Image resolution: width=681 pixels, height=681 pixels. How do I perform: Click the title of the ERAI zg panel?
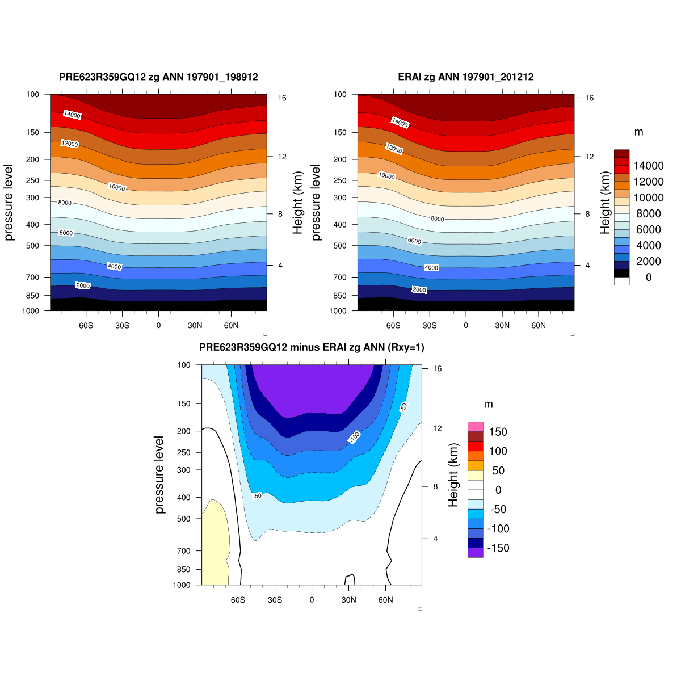pyautogui.click(x=465, y=77)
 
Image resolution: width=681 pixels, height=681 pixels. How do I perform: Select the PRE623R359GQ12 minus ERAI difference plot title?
pyautogui.click(x=312, y=347)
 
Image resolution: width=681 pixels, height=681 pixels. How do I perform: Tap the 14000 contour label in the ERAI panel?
pyautogui.click(x=400, y=123)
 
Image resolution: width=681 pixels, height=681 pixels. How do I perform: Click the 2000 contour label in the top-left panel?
pyautogui.click(x=83, y=285)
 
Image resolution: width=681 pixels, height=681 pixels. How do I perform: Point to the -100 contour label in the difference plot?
pyautogui.click(x=354, y=437)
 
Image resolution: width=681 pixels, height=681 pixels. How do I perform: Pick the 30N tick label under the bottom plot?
pyautogui.click(x=348, y=600)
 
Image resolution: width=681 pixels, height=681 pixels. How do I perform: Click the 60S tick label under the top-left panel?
pyautogui.click(x=86, y=326)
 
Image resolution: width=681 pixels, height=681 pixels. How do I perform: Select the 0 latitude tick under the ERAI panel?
pyautogui.click(x=466, y=326)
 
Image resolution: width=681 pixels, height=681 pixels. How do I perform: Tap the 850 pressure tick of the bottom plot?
pyautogui.click(x=182, y=569)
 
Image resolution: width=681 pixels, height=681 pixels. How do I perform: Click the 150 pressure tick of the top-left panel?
pyautogui.click(x=32, y=132)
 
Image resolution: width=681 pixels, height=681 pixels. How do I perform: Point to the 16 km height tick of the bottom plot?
pyautogui.click(x=437, y=368)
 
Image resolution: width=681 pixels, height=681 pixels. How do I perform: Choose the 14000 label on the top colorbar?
pyautogui.click(x=649, y=166)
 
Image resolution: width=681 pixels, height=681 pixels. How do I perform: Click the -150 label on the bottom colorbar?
pyautogui.click(x=499, y=548)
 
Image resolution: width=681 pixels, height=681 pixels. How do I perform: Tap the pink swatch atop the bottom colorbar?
pyautogui.click(x=476, y=427)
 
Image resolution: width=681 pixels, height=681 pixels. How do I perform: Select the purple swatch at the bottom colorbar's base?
pyautogui.click(x=476, y=552)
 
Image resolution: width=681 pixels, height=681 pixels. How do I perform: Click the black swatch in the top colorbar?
pyautogui.click(x=621, y=273)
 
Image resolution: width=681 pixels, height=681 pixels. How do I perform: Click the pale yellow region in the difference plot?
pyautogui.click(x=215, y=545)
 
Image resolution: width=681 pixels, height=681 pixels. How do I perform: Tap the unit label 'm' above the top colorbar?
pyautogui.click(x=638, y=132)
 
